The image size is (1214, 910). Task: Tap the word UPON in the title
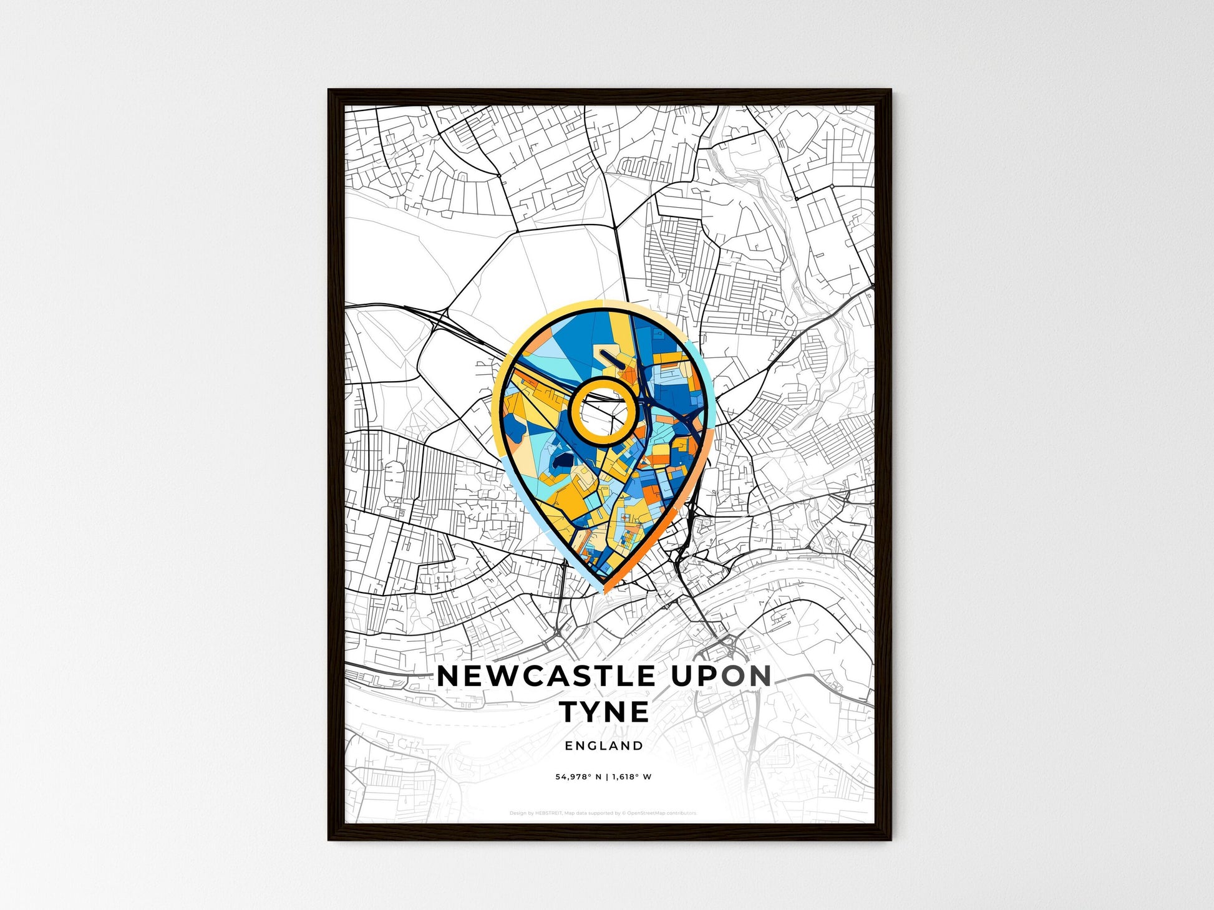click(x=722, y=676)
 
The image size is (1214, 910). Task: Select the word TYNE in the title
click(x=605, y=712)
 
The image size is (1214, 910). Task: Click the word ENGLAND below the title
click(x=604, y=745)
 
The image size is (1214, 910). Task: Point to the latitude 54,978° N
click(x=579, y=777)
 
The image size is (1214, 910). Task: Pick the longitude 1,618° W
click(x=632, y=777)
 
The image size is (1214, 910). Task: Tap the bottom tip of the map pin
click(x=603, y=590)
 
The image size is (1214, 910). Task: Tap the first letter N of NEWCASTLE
click(x=448, y=676)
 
